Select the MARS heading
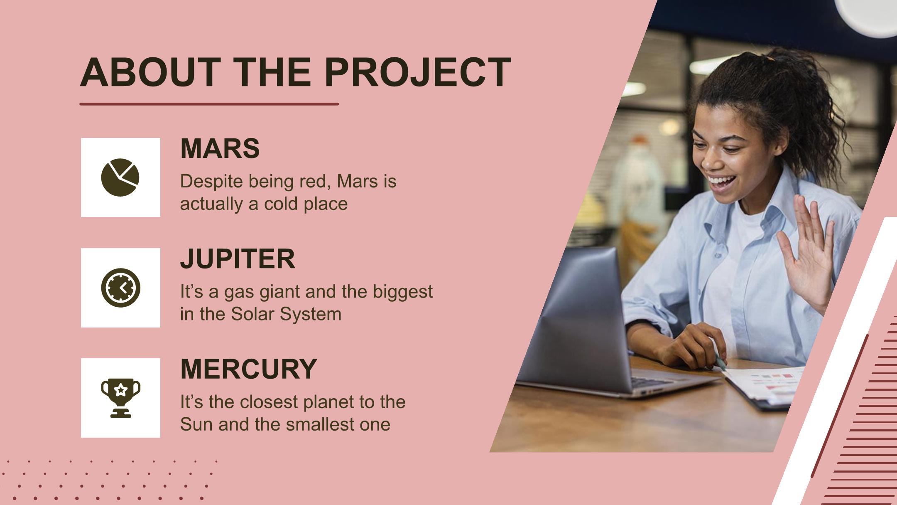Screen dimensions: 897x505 click(x=220, y=148)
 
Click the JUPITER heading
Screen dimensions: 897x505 click(x=238, y=259)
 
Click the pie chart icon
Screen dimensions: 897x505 click(x=120, y=177)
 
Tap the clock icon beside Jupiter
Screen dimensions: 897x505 click(x=120, y=288)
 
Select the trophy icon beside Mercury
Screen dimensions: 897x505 click(x=120, y=398)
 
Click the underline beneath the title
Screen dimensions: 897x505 click(x=209, y=104)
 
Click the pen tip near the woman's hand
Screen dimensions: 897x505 click(x=723, y=368)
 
